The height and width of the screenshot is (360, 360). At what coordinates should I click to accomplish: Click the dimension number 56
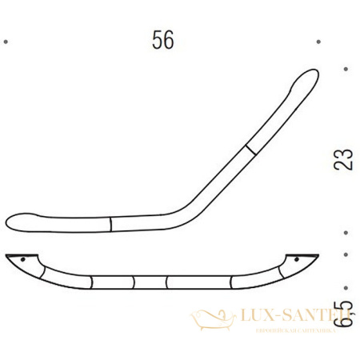[163, 40]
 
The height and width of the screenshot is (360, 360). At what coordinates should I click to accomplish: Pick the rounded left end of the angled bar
[12, 220]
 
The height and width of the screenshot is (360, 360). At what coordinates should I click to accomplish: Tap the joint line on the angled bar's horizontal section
[108, 222]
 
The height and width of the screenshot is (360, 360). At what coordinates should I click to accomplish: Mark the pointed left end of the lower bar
[6, 256]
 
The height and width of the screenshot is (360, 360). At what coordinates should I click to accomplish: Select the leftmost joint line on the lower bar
[93, 282]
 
